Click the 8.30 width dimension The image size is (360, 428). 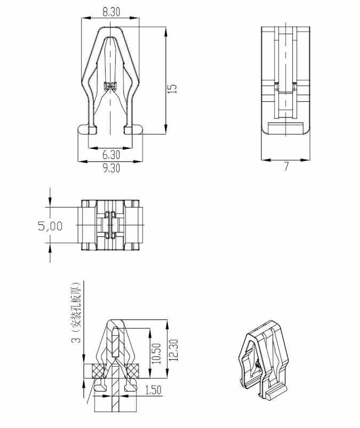[110, 11]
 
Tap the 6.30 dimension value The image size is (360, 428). [111, 155]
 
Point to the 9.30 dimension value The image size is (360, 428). [111, 168]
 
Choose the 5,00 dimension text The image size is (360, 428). [50, 226]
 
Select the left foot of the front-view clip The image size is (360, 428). [87, 129]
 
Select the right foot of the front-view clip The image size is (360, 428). [134, 129]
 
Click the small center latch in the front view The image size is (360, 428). [110, 85]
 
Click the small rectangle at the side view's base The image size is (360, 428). [285, 128]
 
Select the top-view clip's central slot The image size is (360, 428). [110, 225]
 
